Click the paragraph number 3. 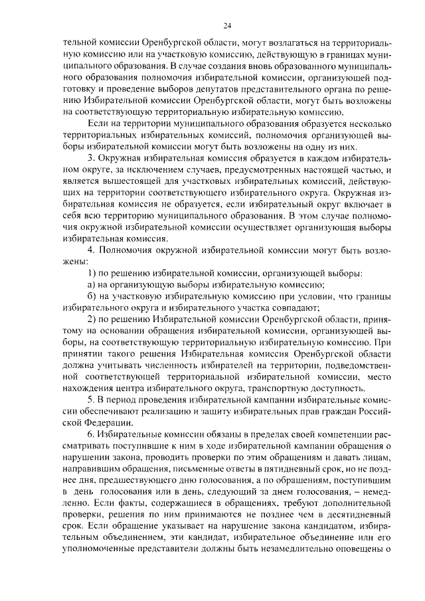pos(92,158)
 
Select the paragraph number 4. pos(92,250)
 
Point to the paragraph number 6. pos(92,433)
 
